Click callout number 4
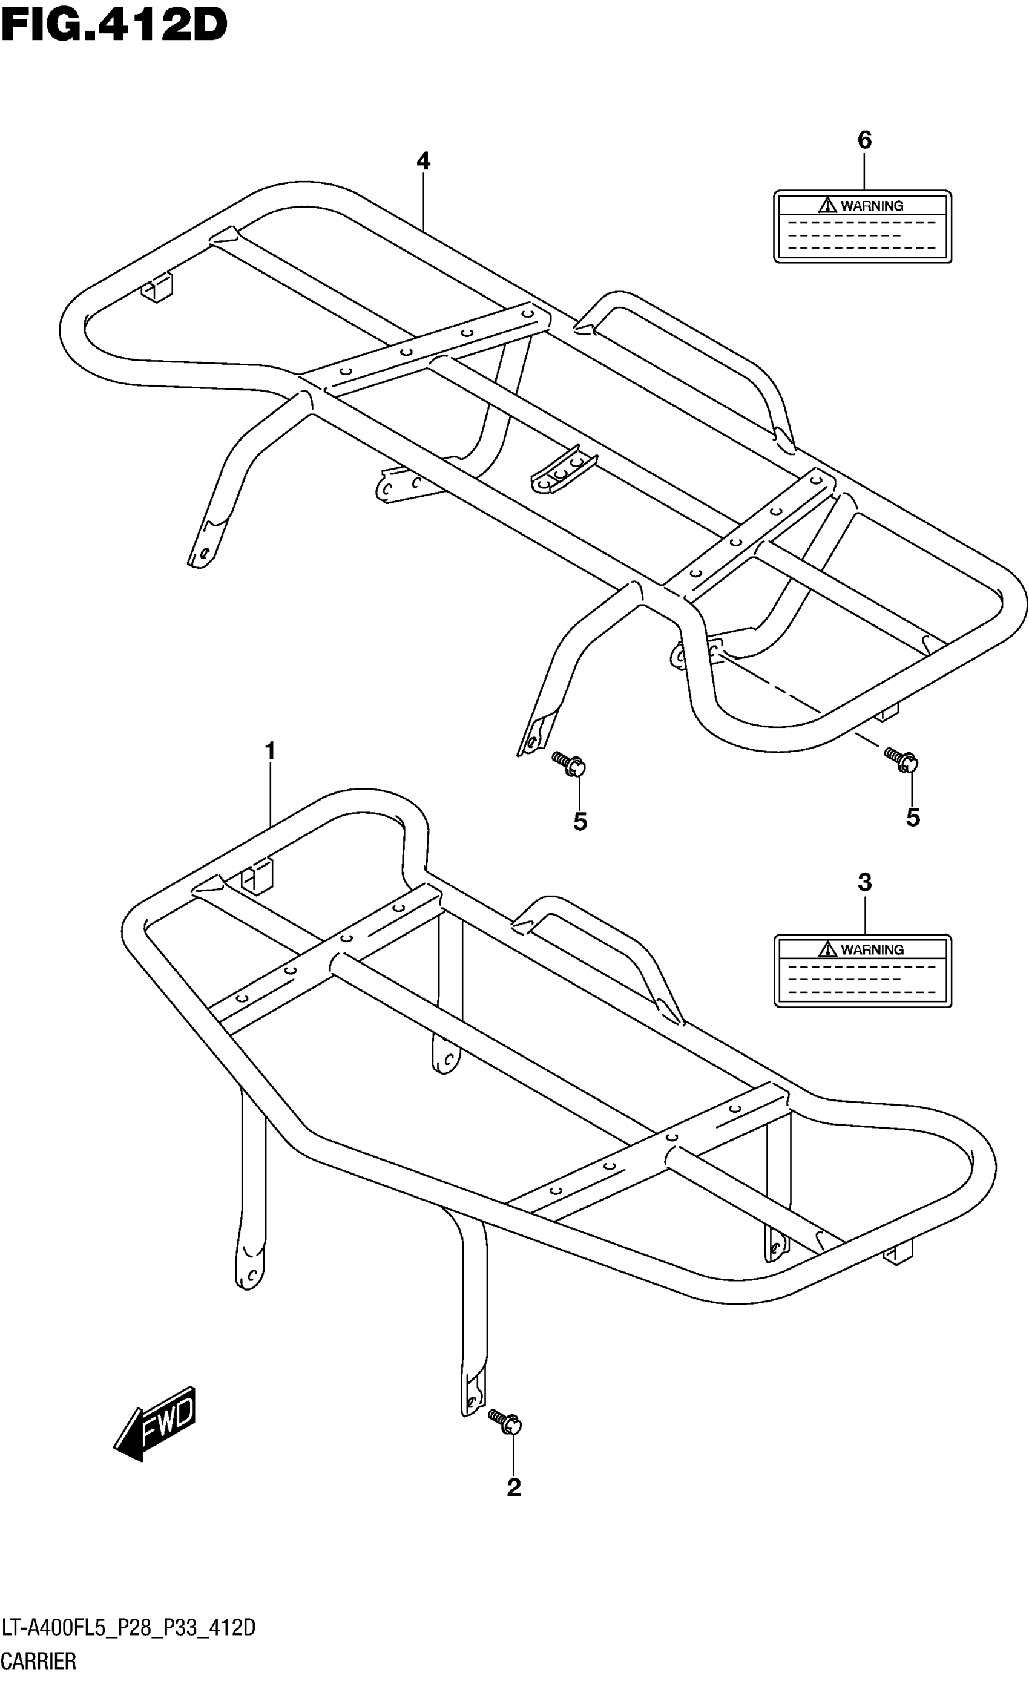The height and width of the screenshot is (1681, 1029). (x=423, y=162)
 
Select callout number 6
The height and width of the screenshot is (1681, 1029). (x=864, y=140)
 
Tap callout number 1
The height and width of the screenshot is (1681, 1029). (x=270, y=752)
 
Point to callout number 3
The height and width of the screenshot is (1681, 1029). (x=864, y=883)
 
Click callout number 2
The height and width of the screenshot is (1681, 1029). (x=514, y=1487)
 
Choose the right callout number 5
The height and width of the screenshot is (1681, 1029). (x=913, y=818)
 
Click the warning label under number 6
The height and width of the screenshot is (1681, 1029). (x=862, y=226)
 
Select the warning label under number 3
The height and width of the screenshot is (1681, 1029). (x=862, y=970)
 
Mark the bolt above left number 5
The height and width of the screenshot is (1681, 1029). (x=570, y=764)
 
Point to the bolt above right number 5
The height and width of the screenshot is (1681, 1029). (x=901, y=759)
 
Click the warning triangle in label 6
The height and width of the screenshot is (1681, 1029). (x=827, y=205)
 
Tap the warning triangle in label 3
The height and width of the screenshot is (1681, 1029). (x=827, y=949)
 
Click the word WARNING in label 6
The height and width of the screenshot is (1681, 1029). (x=872, y=205)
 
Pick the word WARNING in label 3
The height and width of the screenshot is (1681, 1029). (x=872, y=949)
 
